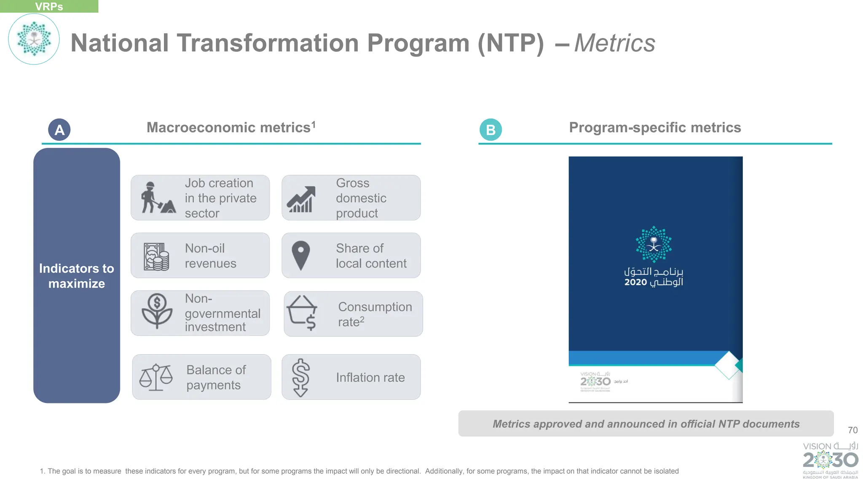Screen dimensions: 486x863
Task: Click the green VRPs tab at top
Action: pyautogui.click(x=49, y=6)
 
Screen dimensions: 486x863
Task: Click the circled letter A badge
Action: pyautogui.click(x=59, y=130)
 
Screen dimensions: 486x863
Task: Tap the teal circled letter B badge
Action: pyautogui.click(x=490, y=130)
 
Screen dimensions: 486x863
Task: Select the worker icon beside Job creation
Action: pyautogui.click(x=157, y=198)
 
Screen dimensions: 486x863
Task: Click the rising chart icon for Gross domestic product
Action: pyautogui.click(x=301, y=199)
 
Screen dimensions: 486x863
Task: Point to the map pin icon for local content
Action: pyautogui.click(x=300, y=255)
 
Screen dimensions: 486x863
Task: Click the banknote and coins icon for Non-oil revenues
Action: pyautogui.click(x=156, y=256)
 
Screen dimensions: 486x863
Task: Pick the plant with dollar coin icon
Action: pyautogui.click(x=157, y=311)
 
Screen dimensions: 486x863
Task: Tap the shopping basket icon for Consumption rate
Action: pyautogui.click(x=302, y=313)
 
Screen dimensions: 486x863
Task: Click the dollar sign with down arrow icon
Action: pyautogui.click(x=300, y=377)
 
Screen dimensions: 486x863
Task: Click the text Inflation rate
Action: pyautogui.click(x=370, y=378)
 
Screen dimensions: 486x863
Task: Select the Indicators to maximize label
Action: pyautogui.click(x=77, y=276)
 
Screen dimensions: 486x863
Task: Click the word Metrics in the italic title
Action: pyautogui.click(x=614, y=43)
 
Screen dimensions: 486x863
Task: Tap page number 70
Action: pyautogui.click(x=852, y=430)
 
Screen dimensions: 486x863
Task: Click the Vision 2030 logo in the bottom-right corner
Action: pyautogui.click(x=830, y=460)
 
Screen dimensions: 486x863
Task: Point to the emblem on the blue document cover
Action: pyautogui.click(x=653, y=244)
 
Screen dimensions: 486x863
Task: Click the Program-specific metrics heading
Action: pyautogui.click(x=655, y=128)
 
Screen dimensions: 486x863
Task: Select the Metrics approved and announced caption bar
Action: pyautogui.click(x=646, y=424)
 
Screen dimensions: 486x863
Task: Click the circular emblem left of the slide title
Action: pyautogui.click(x=34, y=39)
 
